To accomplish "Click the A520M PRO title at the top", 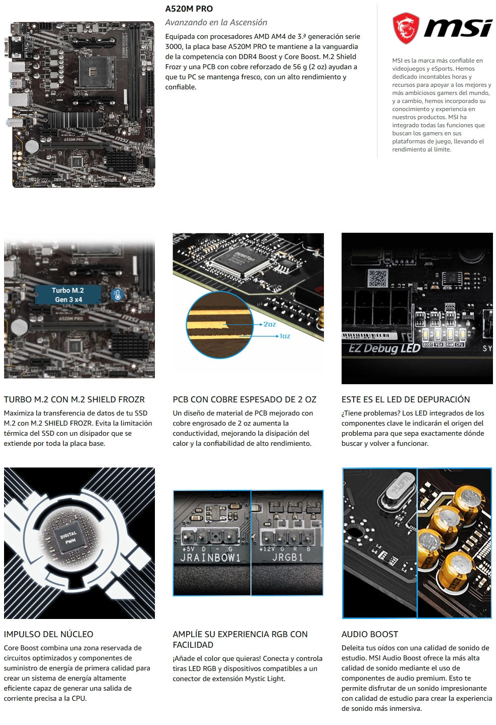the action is click(x=189, y=9).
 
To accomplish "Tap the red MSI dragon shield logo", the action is click(x=406, y=28).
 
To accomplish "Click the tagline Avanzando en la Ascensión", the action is click(x=216, y=22).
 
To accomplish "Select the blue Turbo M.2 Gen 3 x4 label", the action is click(x=68, y=295).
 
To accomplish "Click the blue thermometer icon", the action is click(x=117, y=295).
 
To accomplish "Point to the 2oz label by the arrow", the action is click(x=269, y=324).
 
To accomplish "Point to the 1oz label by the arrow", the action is click(x=285, y=336).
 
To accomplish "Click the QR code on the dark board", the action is click(x=378, y=278).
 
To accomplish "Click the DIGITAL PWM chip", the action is click(x=69, y=538).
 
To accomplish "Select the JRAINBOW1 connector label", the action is click(x=210, y=557).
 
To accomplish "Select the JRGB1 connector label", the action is click(x=287, y=557).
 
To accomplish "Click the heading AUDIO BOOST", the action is click(x=370, y=634).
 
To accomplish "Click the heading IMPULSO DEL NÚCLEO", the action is click(x=48, y=634).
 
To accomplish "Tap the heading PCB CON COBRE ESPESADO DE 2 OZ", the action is click(x=245, y=399).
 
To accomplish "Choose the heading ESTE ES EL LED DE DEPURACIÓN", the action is click(x=406, y=399).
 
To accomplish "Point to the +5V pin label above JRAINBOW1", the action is click(x=188, y=549).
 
